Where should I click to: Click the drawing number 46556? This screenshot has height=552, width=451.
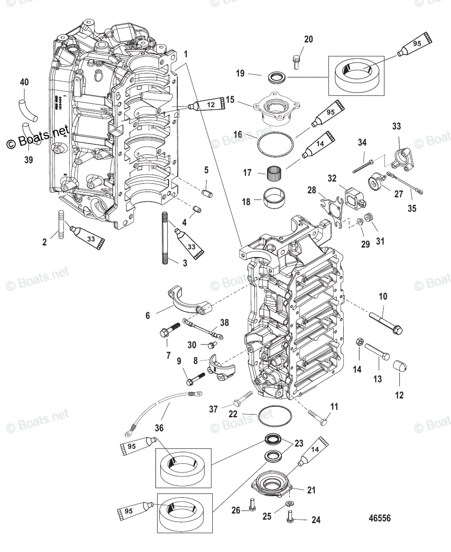coord(380,518)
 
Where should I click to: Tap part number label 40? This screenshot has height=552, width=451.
coord(24,82)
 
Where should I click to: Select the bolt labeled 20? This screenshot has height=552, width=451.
coord(296,60)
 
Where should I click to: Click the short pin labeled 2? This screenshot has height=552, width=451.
coord(60,224)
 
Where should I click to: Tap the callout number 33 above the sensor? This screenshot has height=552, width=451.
coord(396,126)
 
